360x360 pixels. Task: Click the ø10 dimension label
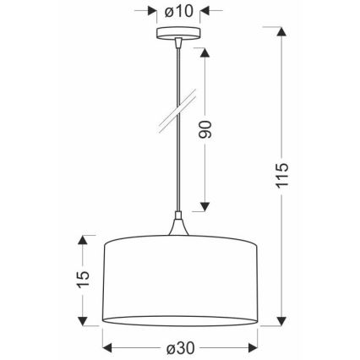[x=178, y=13]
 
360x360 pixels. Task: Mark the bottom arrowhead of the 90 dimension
[x=205, y=208]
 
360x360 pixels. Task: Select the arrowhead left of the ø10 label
[x=152, y=13]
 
